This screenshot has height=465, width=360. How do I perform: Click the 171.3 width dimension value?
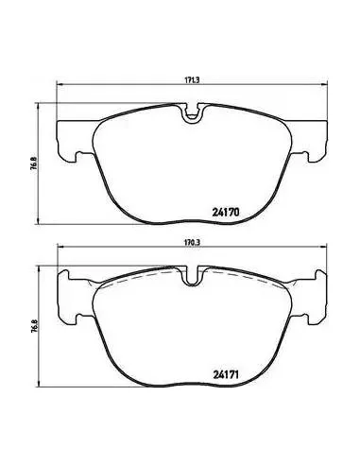[x=192, y=80]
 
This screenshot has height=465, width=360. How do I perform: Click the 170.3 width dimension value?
[x=192, y=242]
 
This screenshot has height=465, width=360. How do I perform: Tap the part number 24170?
[x=226, y=213]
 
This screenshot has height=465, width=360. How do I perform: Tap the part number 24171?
[x=226, y=375]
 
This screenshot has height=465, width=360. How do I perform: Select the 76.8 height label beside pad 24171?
[x=34, y=326]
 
